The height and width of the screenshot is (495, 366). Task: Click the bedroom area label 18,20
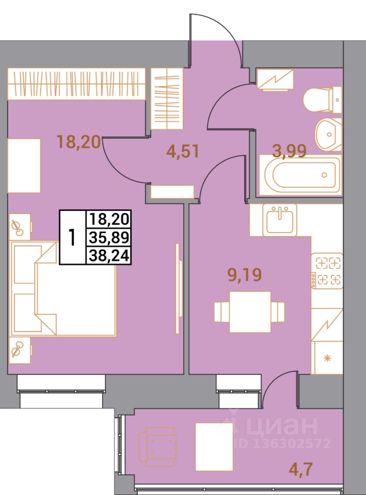pyautogui.click(x=79, y=142)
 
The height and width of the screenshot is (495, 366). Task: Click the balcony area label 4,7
pyautogui.click(x=301, y=470)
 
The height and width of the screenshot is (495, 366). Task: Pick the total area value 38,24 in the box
pyautogui.click(x=109, y=255)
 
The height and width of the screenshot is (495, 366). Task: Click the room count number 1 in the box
pyautogui.click(x=73, y=237)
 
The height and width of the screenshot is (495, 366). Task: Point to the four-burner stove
pyautogui.click(x=327, y=271)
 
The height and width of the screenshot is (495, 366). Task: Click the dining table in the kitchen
pyautogui.click(x=250, y=311)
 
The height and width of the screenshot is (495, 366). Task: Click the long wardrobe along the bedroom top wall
pyautogui.click(x=76, y=84)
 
